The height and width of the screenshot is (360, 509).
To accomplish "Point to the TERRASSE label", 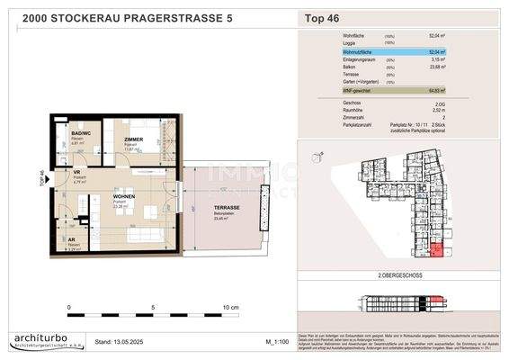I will (227, 208).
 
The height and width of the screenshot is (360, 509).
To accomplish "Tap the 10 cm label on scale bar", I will (229, 307).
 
